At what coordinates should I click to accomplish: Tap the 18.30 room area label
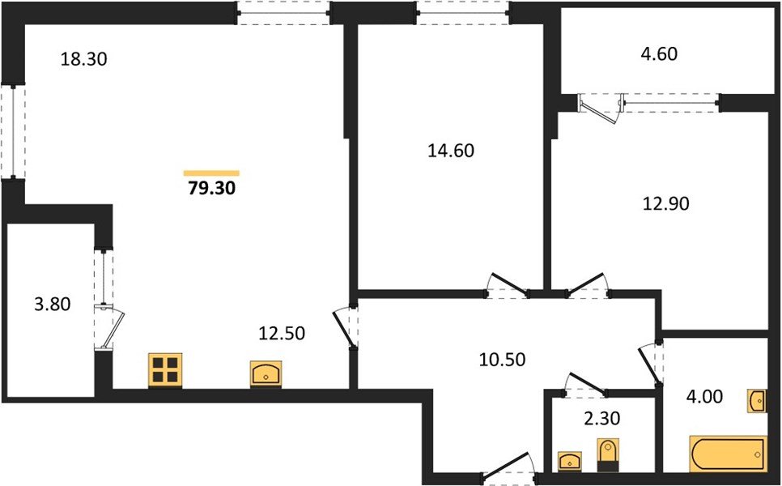(84, 59)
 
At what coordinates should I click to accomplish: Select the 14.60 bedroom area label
(451, 150)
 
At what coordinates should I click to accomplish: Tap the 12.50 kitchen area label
(281, 332)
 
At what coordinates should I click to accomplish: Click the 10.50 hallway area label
(502, 360)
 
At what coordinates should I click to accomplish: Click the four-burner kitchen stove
(165, 370)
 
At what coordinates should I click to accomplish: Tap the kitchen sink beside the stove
(266, 374)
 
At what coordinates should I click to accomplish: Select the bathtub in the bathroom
(728, 454)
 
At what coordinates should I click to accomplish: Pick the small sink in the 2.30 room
(570, 462)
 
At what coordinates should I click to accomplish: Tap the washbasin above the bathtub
(758, 400)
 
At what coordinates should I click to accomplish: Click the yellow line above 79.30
(211, 173)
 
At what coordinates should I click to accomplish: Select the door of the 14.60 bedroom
(507, 286)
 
